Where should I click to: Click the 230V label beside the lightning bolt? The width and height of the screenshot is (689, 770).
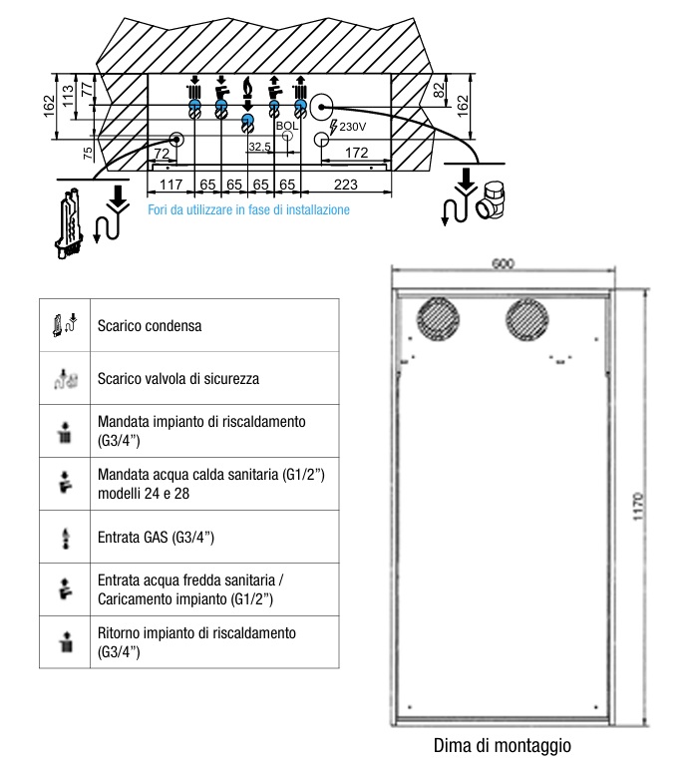354,128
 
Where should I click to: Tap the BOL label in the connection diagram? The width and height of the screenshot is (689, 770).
286,126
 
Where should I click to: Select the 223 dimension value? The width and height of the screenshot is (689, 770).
345,185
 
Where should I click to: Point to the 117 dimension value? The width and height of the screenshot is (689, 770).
171,185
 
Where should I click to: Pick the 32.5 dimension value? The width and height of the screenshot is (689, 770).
259,147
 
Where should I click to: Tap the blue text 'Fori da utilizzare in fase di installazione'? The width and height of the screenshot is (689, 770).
248,210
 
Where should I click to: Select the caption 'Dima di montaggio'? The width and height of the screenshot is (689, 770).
503,745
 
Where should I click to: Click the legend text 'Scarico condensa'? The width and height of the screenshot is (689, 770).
150,326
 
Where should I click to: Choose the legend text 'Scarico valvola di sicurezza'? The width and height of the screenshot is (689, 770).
178,379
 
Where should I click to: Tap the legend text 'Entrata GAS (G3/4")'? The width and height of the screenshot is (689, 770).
157,538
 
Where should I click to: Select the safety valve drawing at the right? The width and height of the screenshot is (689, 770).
494,203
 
